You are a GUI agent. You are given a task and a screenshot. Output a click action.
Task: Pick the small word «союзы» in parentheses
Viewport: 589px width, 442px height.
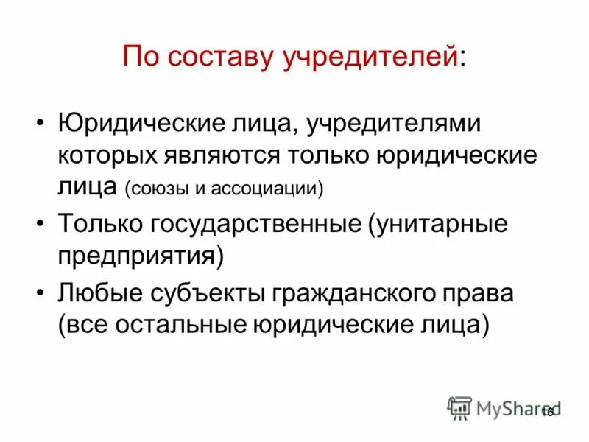point(159,189)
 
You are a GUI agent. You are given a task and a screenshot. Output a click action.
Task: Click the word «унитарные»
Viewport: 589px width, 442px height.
point(440,222)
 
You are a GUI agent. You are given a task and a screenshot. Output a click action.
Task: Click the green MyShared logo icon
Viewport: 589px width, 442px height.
point(459,408)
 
